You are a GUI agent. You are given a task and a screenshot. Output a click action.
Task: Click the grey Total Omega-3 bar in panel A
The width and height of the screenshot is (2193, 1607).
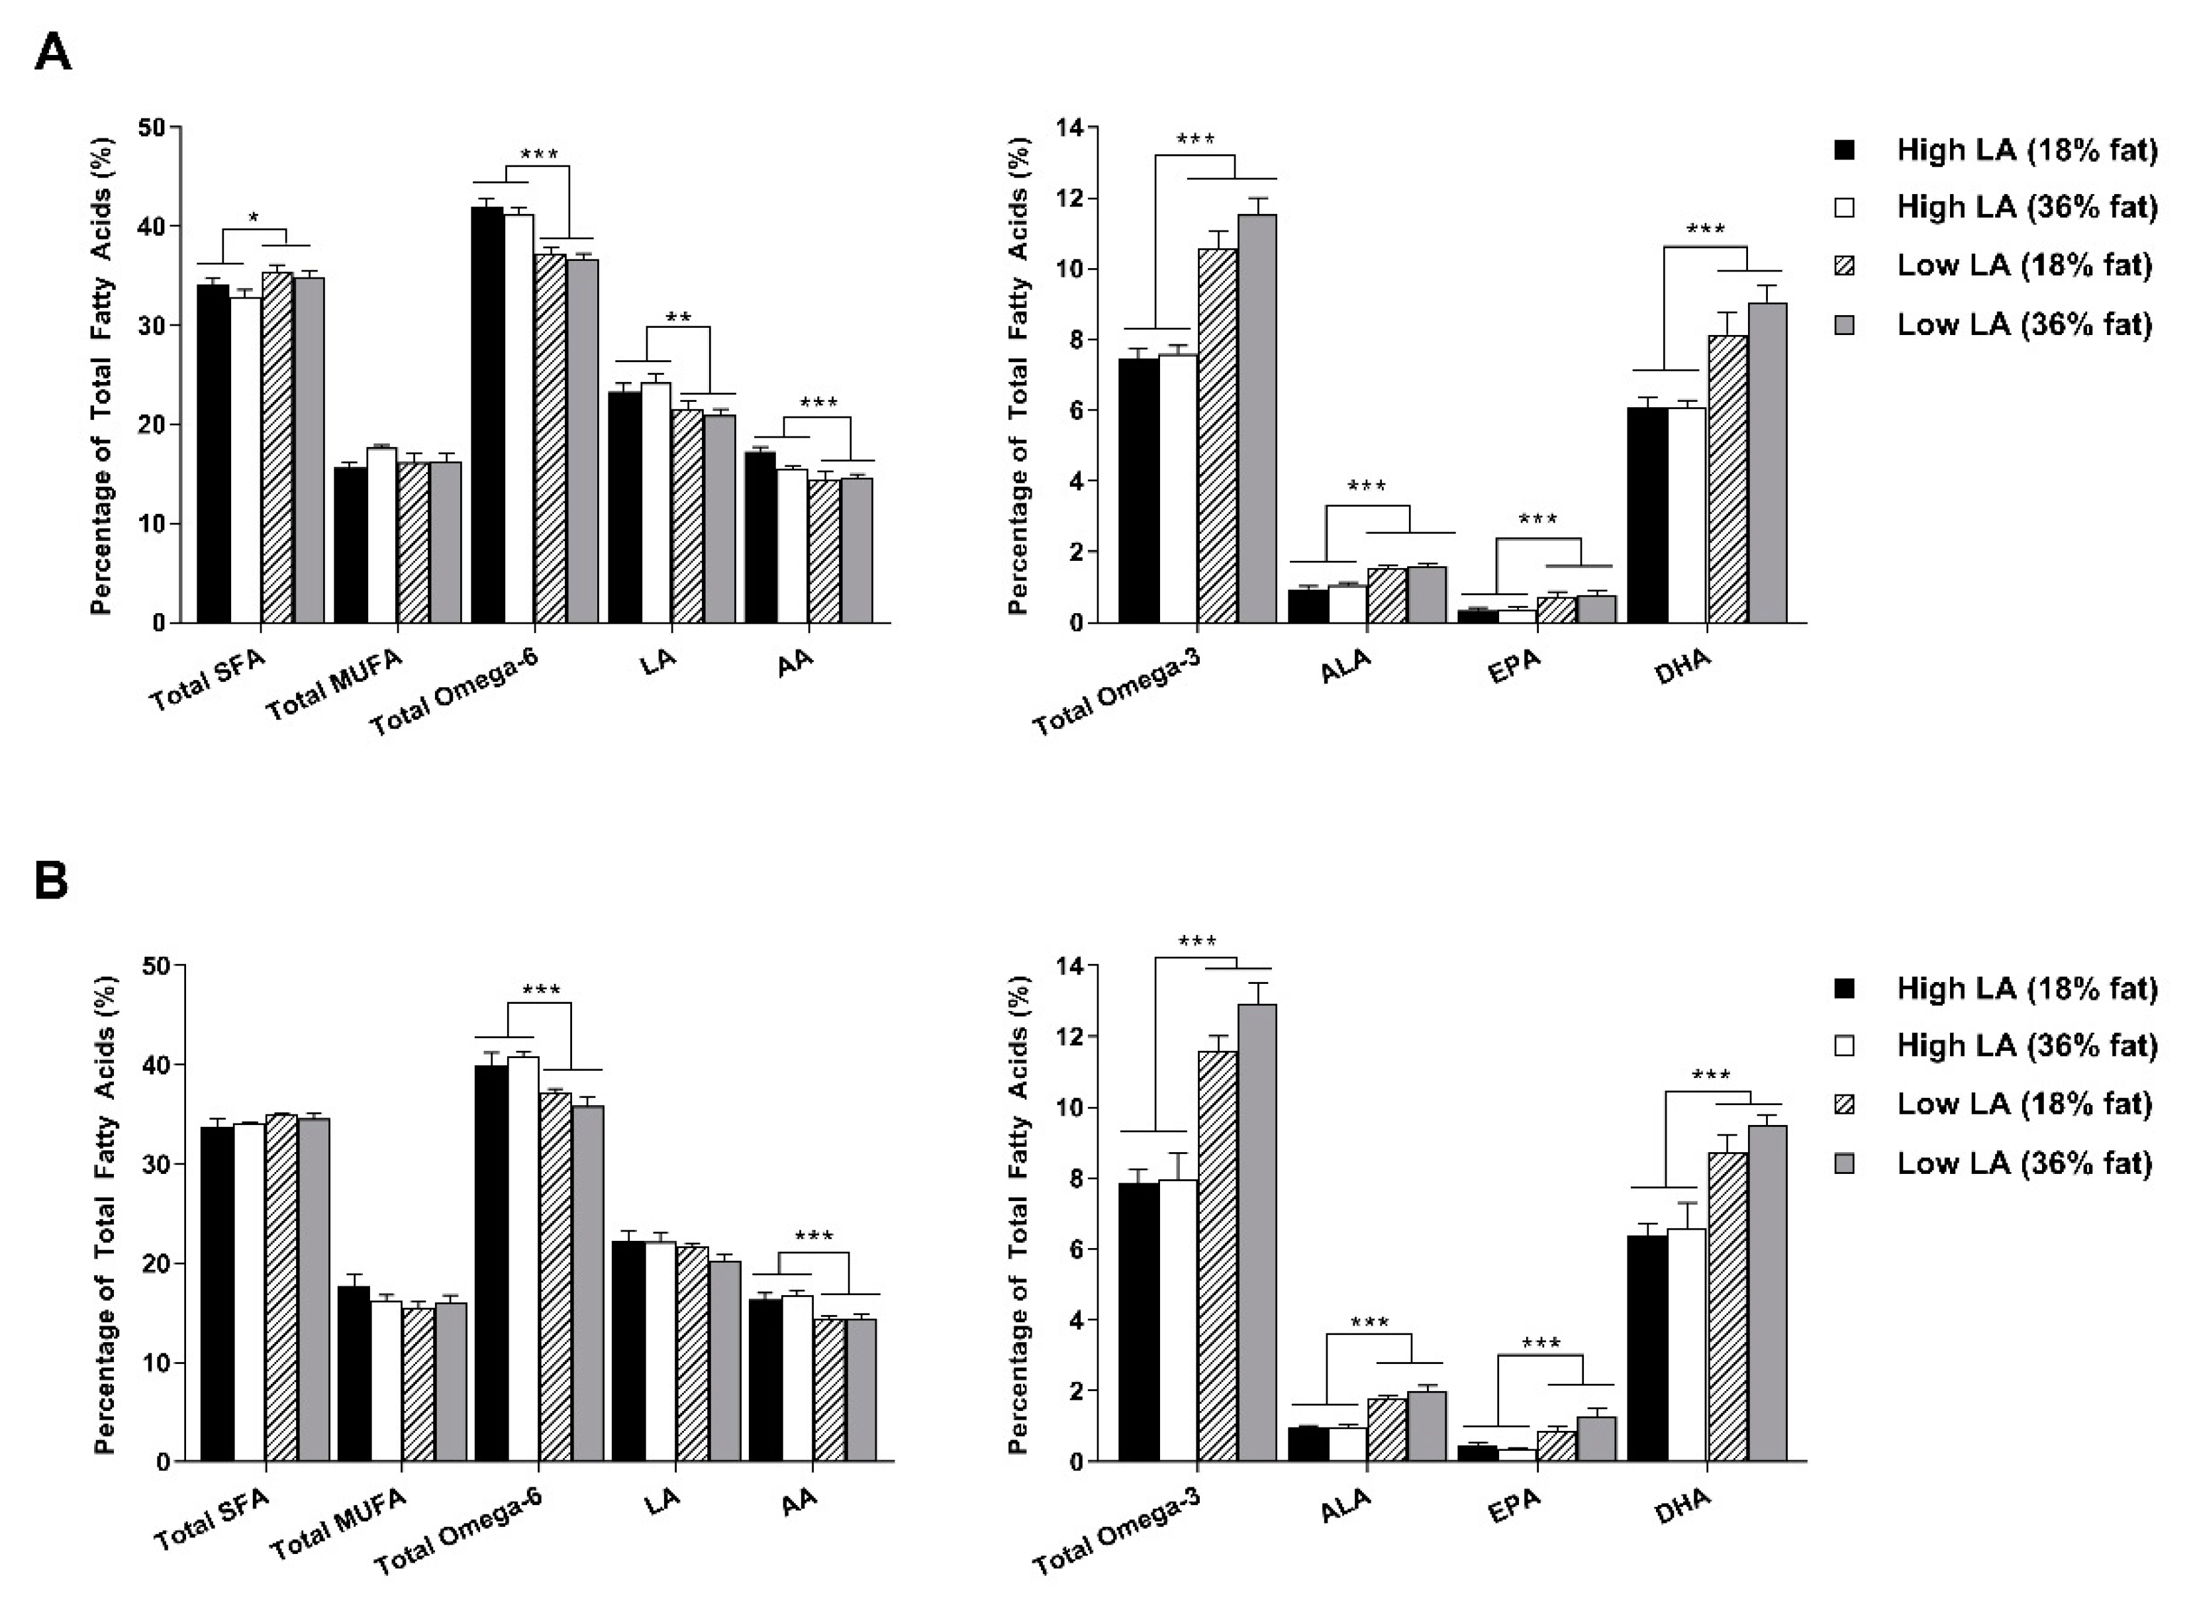(1257, 418)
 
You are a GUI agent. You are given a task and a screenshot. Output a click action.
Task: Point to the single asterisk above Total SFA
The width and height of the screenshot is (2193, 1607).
(254, 218)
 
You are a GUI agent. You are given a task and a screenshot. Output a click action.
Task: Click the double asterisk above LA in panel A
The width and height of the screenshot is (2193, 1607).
(678, 317)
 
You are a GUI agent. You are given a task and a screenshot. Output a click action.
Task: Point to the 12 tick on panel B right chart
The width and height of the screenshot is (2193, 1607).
(1072, 1037)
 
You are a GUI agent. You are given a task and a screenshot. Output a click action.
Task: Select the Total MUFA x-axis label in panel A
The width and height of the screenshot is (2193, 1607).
(334, 686)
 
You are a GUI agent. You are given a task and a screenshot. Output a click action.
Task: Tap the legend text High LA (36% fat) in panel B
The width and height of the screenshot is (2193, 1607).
(2025, 1046)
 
